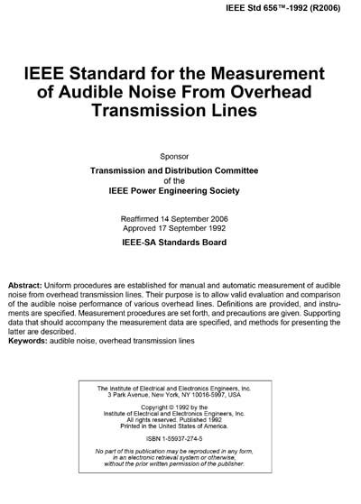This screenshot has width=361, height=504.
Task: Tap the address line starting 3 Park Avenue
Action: (180, 394)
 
